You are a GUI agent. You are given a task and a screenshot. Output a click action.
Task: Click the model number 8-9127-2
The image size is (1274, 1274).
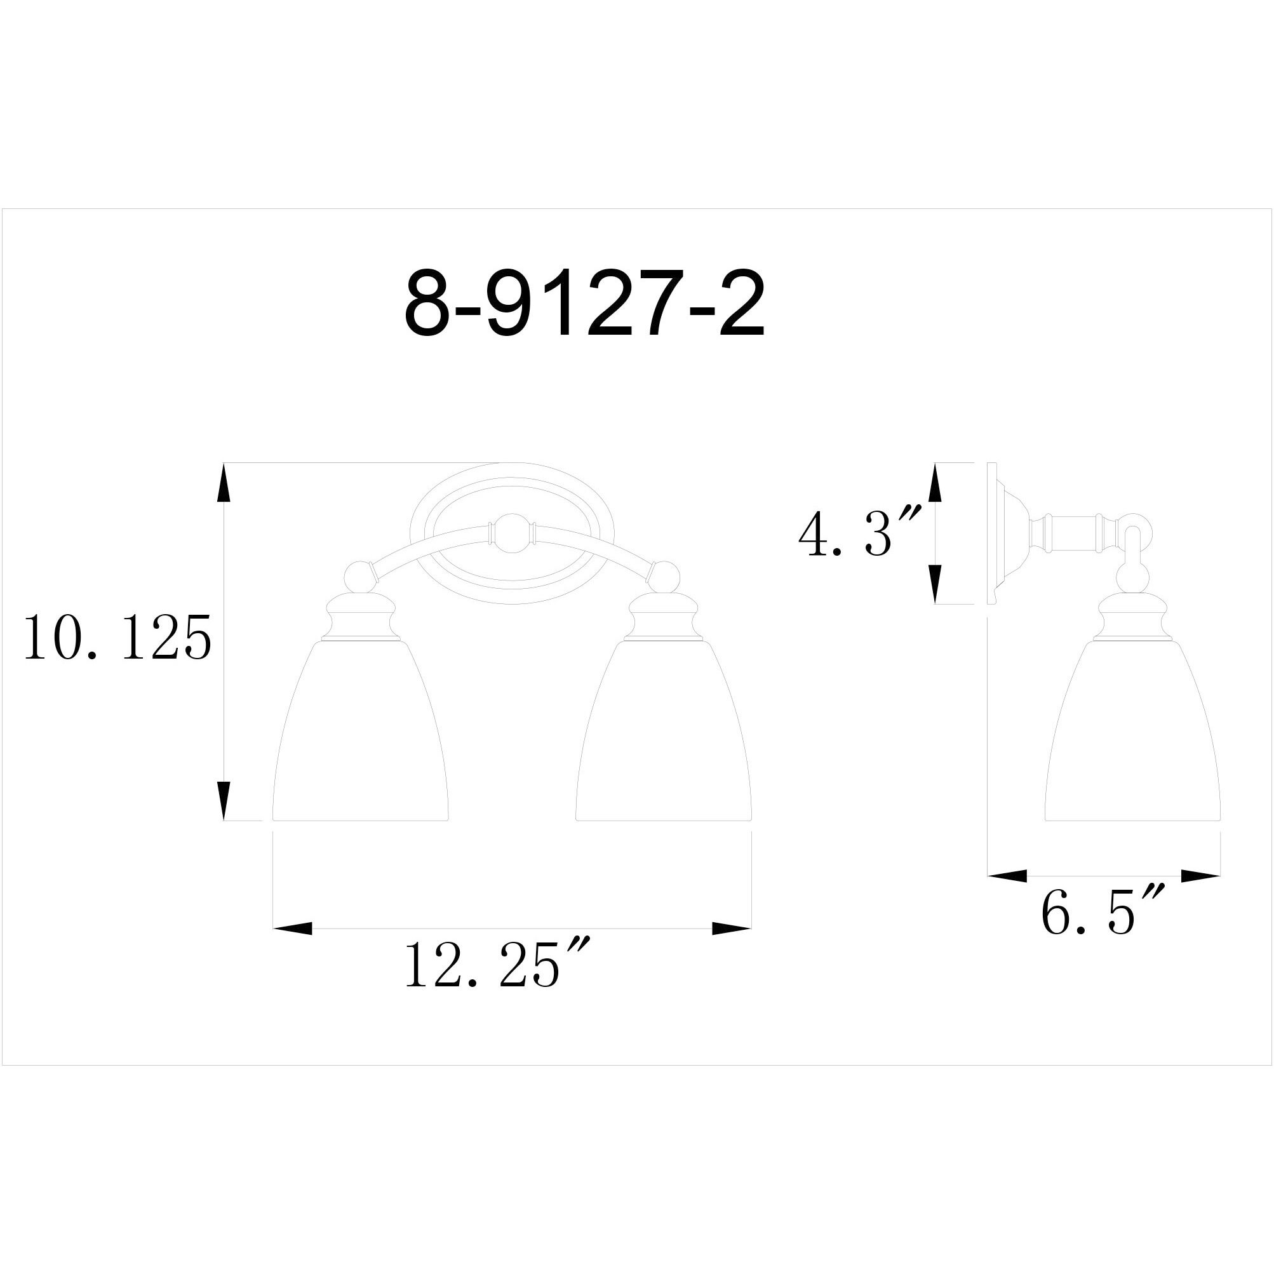584,304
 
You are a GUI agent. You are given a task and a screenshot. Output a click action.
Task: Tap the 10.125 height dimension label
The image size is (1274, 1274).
117,637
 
